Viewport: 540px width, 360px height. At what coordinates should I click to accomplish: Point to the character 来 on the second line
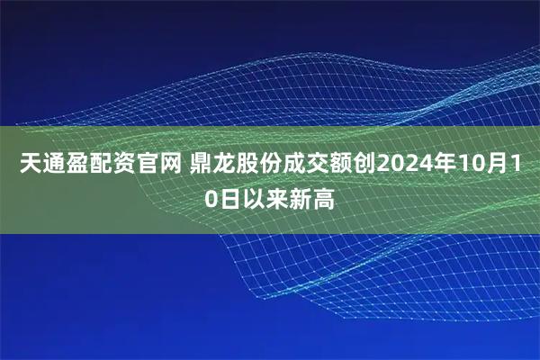tap(278, 197)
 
